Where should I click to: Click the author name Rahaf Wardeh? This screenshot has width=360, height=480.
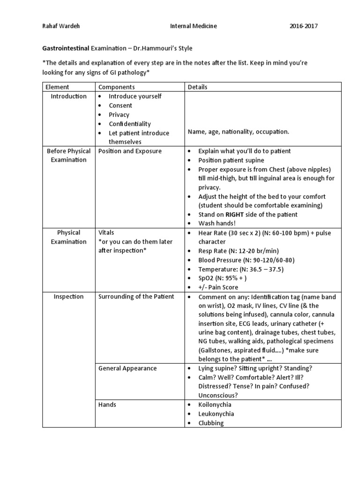61,26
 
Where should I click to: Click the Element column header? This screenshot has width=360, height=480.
58,87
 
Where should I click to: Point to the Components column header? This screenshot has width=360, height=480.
116,87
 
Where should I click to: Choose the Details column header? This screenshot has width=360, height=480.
197,87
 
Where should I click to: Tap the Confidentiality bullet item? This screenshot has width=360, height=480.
130,124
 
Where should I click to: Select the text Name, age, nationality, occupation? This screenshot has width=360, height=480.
238,132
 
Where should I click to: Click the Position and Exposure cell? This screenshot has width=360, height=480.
130,151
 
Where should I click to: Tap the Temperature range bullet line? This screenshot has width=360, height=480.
240,269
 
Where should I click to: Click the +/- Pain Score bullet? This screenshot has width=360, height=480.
218,287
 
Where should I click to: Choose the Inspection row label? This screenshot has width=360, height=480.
68,297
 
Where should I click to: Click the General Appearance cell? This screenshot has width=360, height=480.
127,368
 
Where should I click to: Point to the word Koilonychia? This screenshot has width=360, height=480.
215,405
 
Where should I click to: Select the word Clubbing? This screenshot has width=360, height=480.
211,423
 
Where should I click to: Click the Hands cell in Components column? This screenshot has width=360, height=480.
107,405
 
